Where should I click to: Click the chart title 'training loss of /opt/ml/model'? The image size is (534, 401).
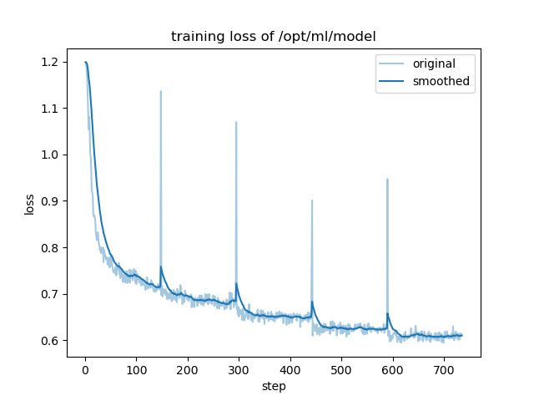pyautogui.click(x=274, y=37)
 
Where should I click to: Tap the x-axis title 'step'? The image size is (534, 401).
pyautogui.click(x=274, y=387)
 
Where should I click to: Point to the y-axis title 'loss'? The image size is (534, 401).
pyautogui.click(x=30, y=204)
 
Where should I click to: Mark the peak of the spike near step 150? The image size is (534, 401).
pyautogui.click(x=161, y=92)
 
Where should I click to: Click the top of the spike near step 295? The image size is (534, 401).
pyautogui.click(x=236, y=123)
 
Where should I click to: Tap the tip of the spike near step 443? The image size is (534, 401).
pyautogui.click(x=312, y=200)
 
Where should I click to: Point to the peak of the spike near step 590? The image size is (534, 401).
pyautogui.click(x=387, y=179)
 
